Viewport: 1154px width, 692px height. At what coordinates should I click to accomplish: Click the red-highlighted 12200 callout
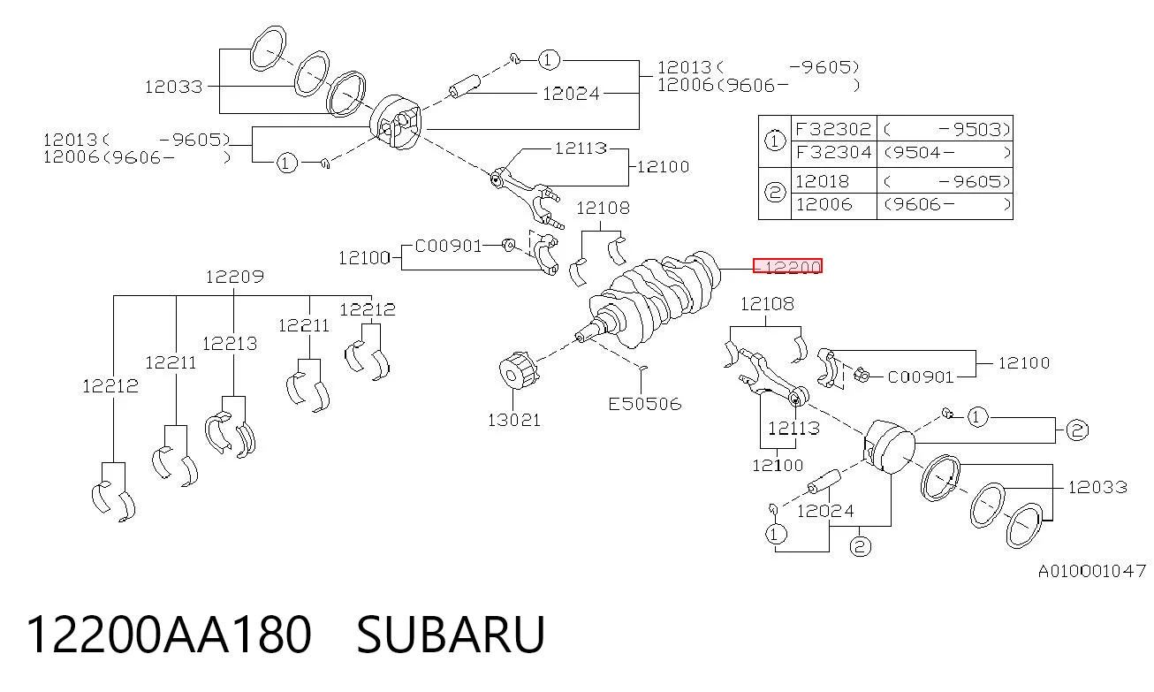(787, 266)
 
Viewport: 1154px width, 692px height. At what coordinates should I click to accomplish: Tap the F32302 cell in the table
(833, 129)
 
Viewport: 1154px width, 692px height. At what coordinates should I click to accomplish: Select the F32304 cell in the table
(833, 153)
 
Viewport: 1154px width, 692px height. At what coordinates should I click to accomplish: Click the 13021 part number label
(513, 421)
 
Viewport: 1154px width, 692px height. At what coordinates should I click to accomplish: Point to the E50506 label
(645, 404)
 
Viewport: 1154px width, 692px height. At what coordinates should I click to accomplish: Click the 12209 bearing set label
(234, 278)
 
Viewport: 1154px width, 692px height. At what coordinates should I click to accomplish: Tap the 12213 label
(229, 344)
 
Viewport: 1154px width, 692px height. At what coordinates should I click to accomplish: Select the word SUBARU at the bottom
(451, 635)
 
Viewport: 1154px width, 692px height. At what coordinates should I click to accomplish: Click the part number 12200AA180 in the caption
(169, 635)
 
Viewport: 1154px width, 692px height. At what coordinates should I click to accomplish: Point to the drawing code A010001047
(1091, 571)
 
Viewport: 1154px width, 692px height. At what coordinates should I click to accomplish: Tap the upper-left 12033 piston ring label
(173, 87)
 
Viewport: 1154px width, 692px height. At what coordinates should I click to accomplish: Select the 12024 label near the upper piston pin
(571, 94)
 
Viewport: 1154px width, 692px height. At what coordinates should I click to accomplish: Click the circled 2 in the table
(774, 193)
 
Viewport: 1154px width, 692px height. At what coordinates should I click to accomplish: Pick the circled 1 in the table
(774, 141)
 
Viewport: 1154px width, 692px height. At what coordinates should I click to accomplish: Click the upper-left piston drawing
(396, 122)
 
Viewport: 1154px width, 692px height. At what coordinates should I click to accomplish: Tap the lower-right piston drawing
(889, 446)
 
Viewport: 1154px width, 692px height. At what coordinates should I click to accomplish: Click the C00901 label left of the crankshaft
(448, 246)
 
